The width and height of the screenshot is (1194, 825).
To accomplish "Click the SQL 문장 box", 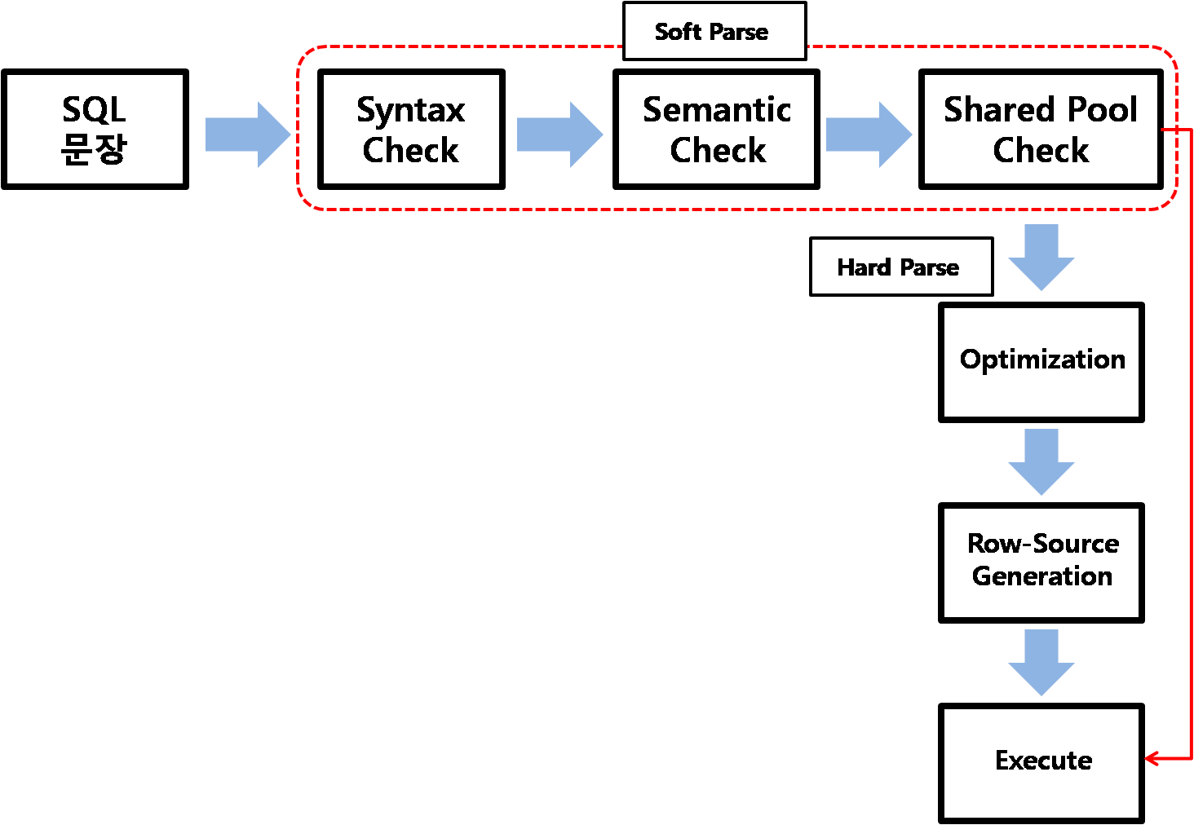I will pyautogui.click(x=95, y=130).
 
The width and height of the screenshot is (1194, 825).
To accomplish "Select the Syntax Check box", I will pyautogui.click(x=411, y=130).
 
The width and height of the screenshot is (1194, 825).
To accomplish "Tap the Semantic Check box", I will pyautogui.click(x=716, y=130).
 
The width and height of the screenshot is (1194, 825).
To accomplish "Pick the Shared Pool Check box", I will pyautogui.click(x=1041, y=130).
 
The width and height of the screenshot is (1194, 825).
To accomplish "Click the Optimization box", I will pyautogui.click(x=1041, y=362).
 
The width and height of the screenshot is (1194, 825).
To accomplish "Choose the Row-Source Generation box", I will pyautogui.click(x=1041, y=562).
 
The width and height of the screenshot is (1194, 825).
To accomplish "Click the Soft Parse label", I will pyautogui.click(x=714, y=31).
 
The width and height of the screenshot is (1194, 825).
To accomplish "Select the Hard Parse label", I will pyautogui.click(x=900, y=267).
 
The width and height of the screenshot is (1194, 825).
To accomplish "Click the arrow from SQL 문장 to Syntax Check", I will pyautogui.click(x=247, y=135).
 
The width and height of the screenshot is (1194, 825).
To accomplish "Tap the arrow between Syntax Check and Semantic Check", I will pyautogui.click(x=559, y=135).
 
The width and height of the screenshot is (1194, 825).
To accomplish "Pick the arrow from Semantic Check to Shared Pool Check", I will pyautogui.click(x=869, y=135).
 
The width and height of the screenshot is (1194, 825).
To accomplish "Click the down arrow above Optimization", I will pyautogui.click(x=1041, y=257).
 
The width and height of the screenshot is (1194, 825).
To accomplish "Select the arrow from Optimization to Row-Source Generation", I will pyautogui.click(x=1041, y=461).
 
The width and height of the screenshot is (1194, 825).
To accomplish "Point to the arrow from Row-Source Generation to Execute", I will pyautogui.click(x=1041, y=662).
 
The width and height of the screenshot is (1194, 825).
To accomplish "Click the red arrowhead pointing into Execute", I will pyautogui.click(x=1151, y=758).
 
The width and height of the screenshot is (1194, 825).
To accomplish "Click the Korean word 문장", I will pyautogui.click(x=94, y=149).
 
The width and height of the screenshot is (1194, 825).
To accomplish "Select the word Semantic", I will pyautogui.click(x=716, y=109).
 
